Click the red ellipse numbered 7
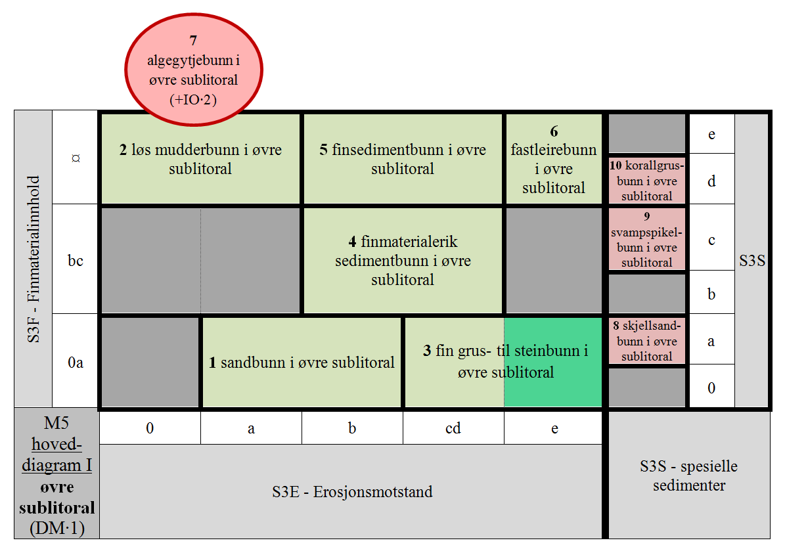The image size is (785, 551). [x=194, y=70]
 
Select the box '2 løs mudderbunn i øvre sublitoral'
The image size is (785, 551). [x=201, y=159]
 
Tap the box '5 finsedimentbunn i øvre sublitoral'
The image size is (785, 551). [x=403, y=159]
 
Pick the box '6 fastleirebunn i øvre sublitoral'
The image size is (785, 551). [x=554, y=159]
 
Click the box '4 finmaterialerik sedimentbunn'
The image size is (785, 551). [x=403, y=260]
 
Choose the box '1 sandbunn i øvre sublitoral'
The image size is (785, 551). [x=302, y=363]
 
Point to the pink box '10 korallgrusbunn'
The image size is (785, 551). [x=647, y=180]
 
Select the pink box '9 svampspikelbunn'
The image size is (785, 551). [x=647, y=239]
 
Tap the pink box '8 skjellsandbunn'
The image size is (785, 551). [x=647, y=341]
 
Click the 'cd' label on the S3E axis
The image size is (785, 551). [x=453, y=428]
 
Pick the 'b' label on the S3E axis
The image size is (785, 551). [x=353, y=428]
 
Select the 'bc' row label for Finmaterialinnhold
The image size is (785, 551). [x=76, y=260]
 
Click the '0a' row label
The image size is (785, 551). [x=76, y=362]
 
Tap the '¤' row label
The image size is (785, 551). [x=76, y=158]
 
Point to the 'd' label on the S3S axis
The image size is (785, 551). [x=711, y=181]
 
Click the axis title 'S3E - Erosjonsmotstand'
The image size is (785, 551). [x=353, y=492]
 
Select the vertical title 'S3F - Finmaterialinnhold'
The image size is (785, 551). [x=33, y=259]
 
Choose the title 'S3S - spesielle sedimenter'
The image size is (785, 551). [x=689, y=475]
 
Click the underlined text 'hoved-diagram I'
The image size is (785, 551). [x=56, y=454]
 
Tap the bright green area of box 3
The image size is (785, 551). [x=552, y=363]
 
